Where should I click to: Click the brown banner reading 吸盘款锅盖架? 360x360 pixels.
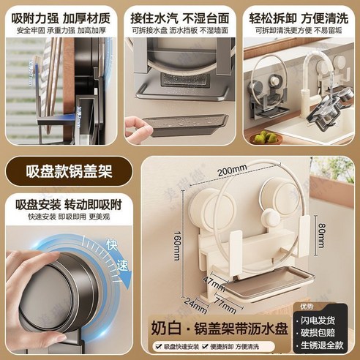(60, 174)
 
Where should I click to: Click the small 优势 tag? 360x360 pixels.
(326, 306)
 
